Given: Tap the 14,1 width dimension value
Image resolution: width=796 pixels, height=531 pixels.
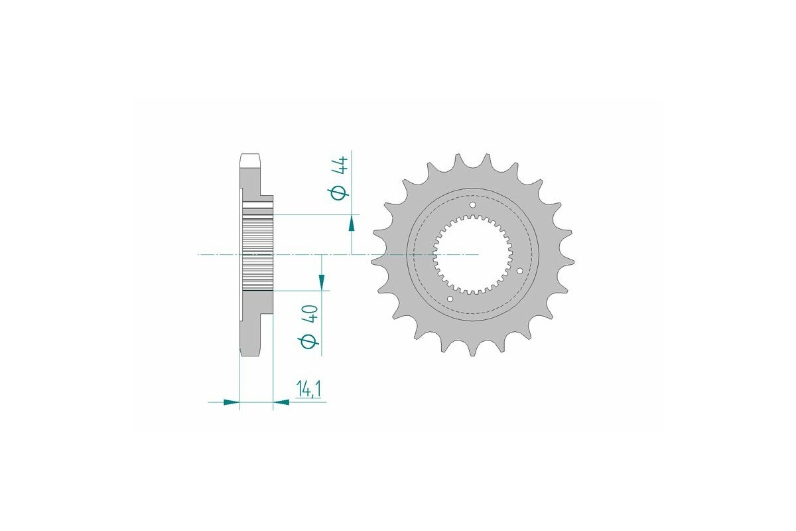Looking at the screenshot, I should (308, 390).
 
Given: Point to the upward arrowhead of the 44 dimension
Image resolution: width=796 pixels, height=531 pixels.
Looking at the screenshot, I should (352, 224).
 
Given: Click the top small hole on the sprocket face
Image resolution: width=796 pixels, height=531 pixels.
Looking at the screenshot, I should (473, 206).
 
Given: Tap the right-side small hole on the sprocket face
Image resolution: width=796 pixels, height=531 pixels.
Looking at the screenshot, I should (519, 270).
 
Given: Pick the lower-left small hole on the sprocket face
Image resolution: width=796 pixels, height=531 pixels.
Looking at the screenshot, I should (450, 299).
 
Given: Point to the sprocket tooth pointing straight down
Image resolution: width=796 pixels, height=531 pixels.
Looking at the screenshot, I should (473, 350).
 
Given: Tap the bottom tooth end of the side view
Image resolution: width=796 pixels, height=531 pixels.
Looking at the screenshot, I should (250, 350).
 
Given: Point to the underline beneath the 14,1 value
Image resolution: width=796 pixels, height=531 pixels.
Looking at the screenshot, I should (308, 402).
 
